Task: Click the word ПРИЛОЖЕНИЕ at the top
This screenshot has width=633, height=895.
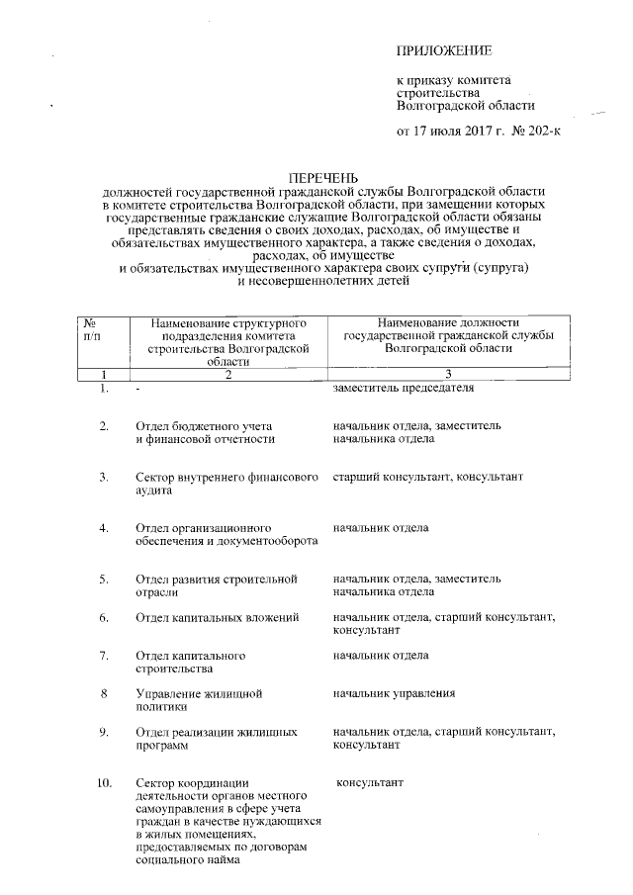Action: tap(443, 49)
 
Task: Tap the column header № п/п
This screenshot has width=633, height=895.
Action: tap(90, 329)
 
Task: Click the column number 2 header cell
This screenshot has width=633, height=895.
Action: tap(227, 375)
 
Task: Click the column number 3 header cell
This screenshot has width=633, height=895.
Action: tap(447, 375)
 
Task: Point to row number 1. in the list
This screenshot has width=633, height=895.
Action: tap(104, 389)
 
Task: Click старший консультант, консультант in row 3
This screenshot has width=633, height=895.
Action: tap(427, 478)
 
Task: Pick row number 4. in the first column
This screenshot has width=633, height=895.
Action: tap(104, 528)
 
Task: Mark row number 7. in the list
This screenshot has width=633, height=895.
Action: tap(104, 656)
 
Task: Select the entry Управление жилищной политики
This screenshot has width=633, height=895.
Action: tap(197, 700)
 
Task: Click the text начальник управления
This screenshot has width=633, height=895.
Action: tap(394, 693)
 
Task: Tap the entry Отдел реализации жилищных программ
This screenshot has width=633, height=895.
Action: tap(217, 740)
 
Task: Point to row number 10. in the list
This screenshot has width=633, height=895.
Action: tap(104, 784)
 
